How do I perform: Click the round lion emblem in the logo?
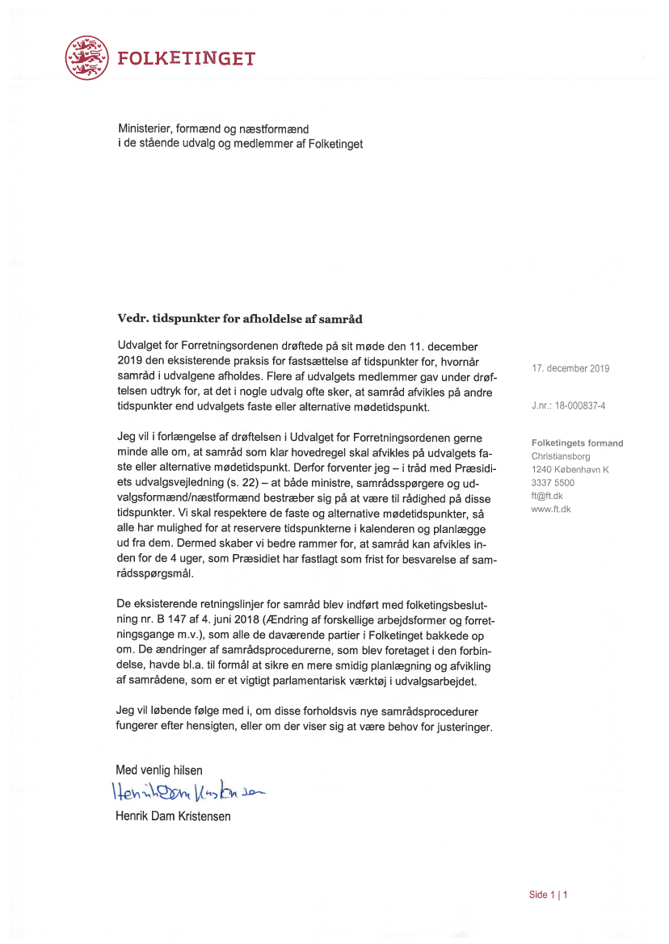click(x=87, y=57)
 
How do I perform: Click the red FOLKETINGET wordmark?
click(x=187, y=58)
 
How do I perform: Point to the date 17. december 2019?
click(x=570, y=368)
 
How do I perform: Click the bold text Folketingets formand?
click(x=577, y=443)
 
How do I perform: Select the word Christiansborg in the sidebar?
click(x=561, y=456)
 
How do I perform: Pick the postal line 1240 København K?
click(x=570, y=469)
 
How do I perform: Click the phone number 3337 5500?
click(x=553, y=482)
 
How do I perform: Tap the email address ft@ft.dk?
click(x=546, y=495)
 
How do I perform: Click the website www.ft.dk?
click(x=552, y=508)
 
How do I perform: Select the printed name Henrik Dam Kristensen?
click(x=174, y=816)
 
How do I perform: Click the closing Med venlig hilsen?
click(x=160, y=770)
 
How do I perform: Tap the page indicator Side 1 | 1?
click(x=549, y=894)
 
